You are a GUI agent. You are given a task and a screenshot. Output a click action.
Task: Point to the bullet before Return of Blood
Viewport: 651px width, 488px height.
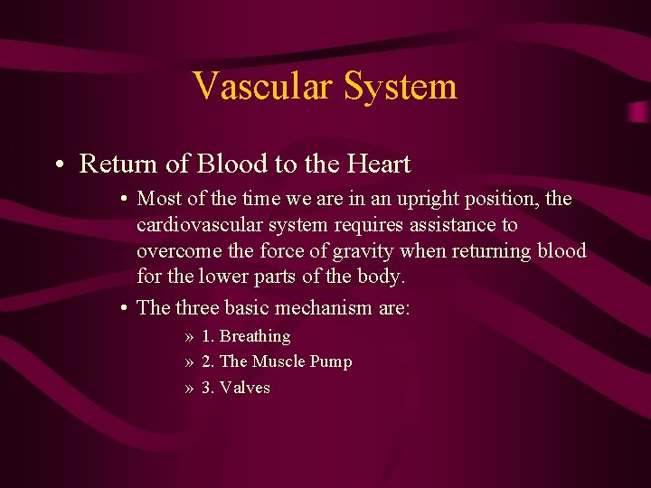tap(57, 165)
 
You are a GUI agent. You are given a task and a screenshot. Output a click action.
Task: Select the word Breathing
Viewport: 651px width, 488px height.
tap(255, 336)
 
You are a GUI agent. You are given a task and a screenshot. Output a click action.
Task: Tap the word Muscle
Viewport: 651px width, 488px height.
tap(278, 361)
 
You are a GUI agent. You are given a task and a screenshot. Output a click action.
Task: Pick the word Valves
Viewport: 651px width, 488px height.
tap(245, 388)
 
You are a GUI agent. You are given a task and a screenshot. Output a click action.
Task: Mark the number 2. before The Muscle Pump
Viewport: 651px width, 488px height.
tap(208, 361)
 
